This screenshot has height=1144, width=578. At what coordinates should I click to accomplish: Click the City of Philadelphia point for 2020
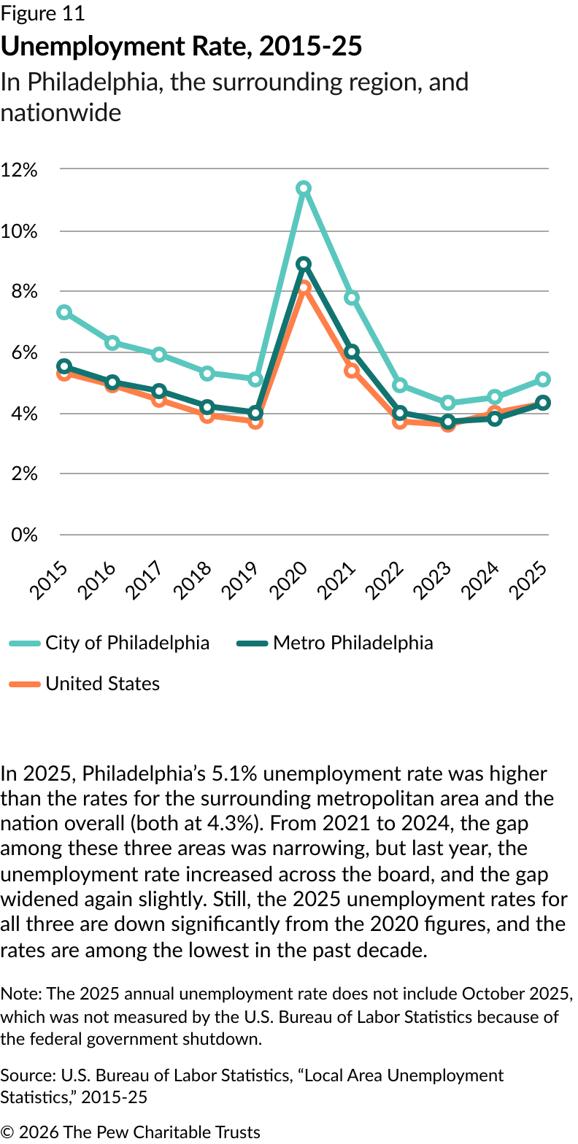304,188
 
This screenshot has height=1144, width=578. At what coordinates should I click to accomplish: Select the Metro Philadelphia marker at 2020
304,264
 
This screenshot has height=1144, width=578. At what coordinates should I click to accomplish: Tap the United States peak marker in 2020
304,287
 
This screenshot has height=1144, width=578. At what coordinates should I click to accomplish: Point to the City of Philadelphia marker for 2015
64,312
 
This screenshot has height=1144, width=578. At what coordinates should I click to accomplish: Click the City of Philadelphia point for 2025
543,379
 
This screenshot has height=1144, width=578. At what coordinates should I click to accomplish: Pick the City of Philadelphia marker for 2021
352,298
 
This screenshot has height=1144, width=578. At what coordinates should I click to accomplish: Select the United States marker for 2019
255,422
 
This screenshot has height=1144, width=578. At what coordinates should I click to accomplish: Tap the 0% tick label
23,535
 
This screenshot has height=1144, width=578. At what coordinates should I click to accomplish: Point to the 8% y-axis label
23,292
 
